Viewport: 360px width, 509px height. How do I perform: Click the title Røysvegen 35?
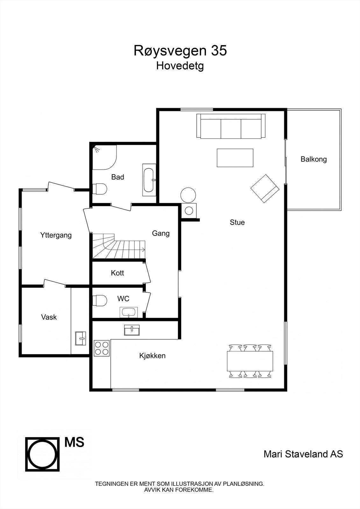[180, 51]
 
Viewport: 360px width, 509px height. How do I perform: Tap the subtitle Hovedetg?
[180, 66]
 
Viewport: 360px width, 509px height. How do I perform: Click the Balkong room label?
[314, 159]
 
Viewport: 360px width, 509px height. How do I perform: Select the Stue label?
[237, 222]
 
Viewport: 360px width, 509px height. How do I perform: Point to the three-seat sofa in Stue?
[231, 126]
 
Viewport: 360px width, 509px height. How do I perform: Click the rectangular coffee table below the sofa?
[235, 158]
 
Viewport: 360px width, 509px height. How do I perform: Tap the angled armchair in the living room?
[265, 188]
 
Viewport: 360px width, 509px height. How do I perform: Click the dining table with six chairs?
[250, 361]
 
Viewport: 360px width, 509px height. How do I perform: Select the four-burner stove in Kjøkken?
[102, 348]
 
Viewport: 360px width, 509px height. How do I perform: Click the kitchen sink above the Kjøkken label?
[132, 330]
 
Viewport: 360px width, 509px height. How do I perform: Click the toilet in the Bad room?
[100, 189]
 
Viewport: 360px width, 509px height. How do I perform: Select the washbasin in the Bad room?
[149, 180]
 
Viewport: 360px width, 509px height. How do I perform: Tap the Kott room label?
[117, 273]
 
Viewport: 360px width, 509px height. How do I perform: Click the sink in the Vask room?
[81, 338]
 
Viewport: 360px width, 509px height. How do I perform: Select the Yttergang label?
[56, 235]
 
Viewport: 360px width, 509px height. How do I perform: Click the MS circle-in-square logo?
[42, 454]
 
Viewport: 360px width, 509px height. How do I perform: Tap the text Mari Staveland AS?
[303, 454]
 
